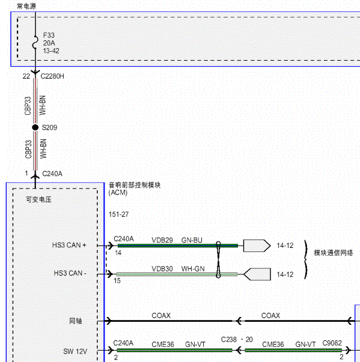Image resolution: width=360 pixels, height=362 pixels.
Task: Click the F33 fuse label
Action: click(x=49, y=35)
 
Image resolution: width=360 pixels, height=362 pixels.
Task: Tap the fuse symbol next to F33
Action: click(x=35, y=42)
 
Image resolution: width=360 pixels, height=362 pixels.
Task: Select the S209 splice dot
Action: click(x=35, y=127)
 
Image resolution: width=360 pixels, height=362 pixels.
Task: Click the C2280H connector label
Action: click(x=52, y=76)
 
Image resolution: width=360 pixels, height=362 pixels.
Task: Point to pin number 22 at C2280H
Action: click(x=26, y=76)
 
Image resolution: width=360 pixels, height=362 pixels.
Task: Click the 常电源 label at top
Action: click(x=26, y=6)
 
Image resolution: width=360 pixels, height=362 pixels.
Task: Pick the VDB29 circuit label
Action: click(x=162, y=240)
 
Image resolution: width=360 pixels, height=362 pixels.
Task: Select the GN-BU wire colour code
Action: click(x=192, y=240)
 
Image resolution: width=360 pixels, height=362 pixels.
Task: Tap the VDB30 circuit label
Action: click(x=162, y=269)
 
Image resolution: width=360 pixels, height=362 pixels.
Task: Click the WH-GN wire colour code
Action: click(x=193, y=269)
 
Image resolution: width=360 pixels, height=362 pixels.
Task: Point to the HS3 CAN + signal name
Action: click(x=69, y=245)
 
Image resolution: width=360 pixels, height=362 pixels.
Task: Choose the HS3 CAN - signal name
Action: click(x=70, y=273)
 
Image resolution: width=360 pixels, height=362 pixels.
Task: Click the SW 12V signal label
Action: click(x=75, y=351)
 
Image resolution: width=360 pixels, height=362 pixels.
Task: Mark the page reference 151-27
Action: click(x=118, y=214)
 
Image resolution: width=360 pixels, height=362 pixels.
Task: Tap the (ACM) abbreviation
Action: click(x=118, y=193)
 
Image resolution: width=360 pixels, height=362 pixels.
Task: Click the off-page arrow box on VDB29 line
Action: click(x=257, y=246)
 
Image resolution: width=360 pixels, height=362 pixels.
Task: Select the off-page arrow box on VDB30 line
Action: click(x=257, y=274)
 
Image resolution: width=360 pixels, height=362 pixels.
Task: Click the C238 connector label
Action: click(x=229, y=340)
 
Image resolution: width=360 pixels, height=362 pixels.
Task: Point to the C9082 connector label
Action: click(x=332, y=343)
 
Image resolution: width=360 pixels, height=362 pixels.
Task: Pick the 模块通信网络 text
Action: click(x=334, y=253)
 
